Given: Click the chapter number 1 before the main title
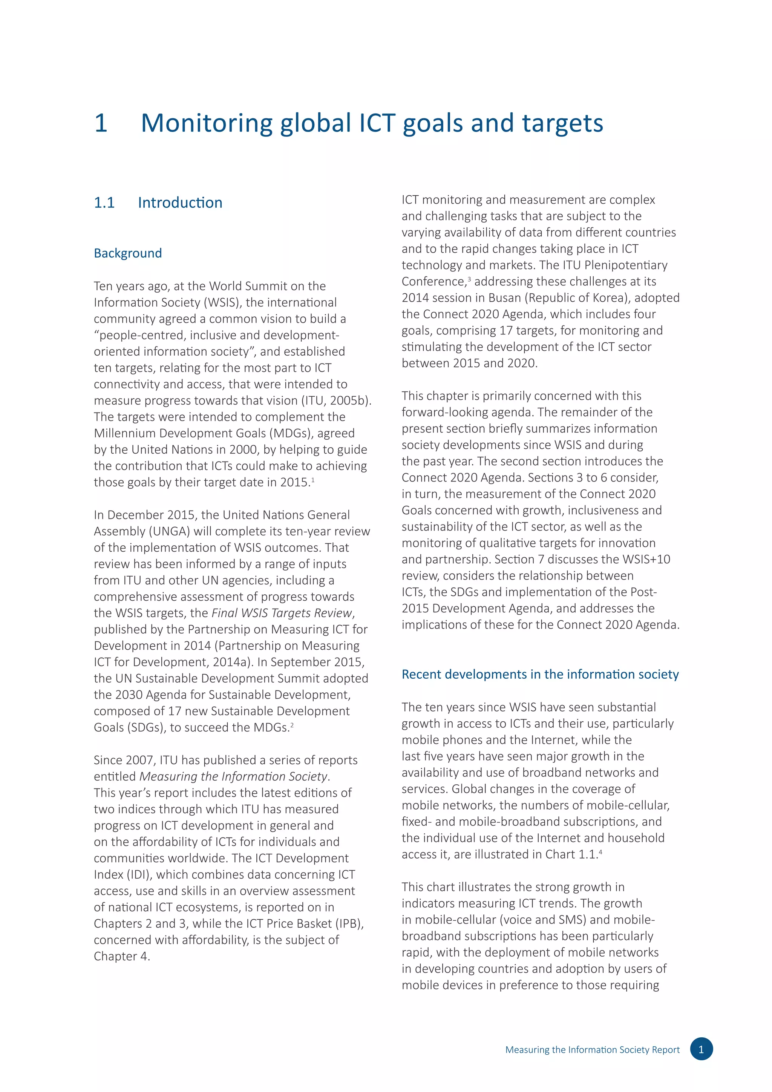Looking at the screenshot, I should (x=101, y=123).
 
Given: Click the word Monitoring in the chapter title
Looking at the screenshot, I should (x=206, y=123).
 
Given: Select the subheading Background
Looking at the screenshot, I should (x=127, y=253).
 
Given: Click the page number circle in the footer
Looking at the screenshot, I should (x=701, y=1049).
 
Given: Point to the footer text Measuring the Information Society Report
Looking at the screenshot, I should (x=592, y=1050).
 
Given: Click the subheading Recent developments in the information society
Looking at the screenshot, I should (x=540, y=675).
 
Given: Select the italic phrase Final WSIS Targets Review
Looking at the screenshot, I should (x=282, y=613).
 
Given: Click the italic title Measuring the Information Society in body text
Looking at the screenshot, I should (x=233, y=776).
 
